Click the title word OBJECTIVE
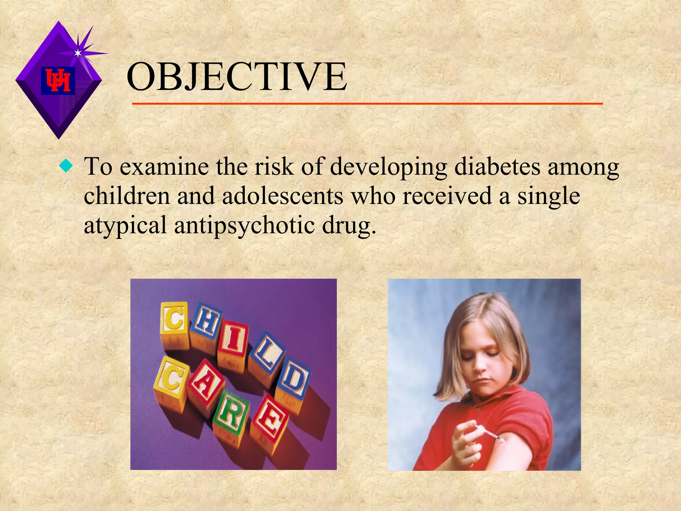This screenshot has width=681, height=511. (x=237, y=77)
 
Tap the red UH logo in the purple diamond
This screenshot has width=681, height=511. (x=58, y=81)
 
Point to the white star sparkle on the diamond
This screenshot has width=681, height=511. (x=78, y=53)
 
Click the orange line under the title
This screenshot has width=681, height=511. (x=367, y=104)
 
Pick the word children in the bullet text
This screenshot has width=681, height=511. (x=127, y=196)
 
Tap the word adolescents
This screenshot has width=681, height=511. (x=283, y=196)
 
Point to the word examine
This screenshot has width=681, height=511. (x=164, y=166)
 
